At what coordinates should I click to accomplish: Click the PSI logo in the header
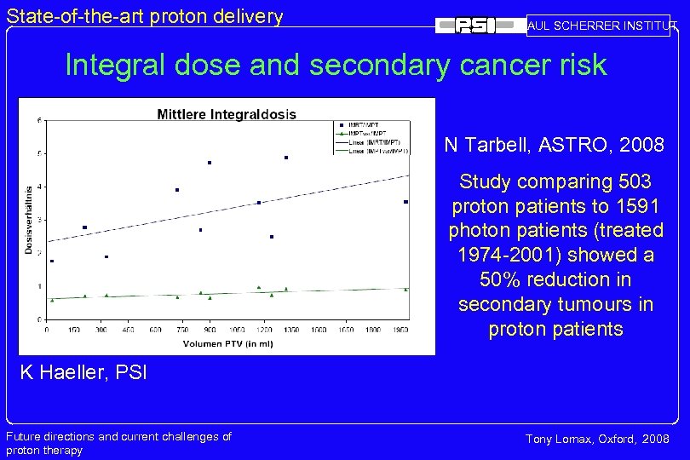click(x=477, y=26)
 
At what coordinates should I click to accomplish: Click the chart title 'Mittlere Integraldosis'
click(x=227, y=113)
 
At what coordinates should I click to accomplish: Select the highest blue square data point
click(x=286, y=158)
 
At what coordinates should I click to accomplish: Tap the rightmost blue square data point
click(x=405, y=202)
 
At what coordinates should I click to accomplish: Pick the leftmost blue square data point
click(x=52, y=261)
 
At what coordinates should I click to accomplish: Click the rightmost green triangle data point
click(x=405, y=289)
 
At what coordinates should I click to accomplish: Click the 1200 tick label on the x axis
click(x=264, y=329)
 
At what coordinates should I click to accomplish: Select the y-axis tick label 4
click(x=38, y=187)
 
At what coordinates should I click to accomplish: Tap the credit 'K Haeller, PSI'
click(x=79, y=371)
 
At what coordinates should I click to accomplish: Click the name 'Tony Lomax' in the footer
click(x=558, y=439)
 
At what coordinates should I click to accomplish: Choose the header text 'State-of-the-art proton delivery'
click(x=145, y=15)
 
